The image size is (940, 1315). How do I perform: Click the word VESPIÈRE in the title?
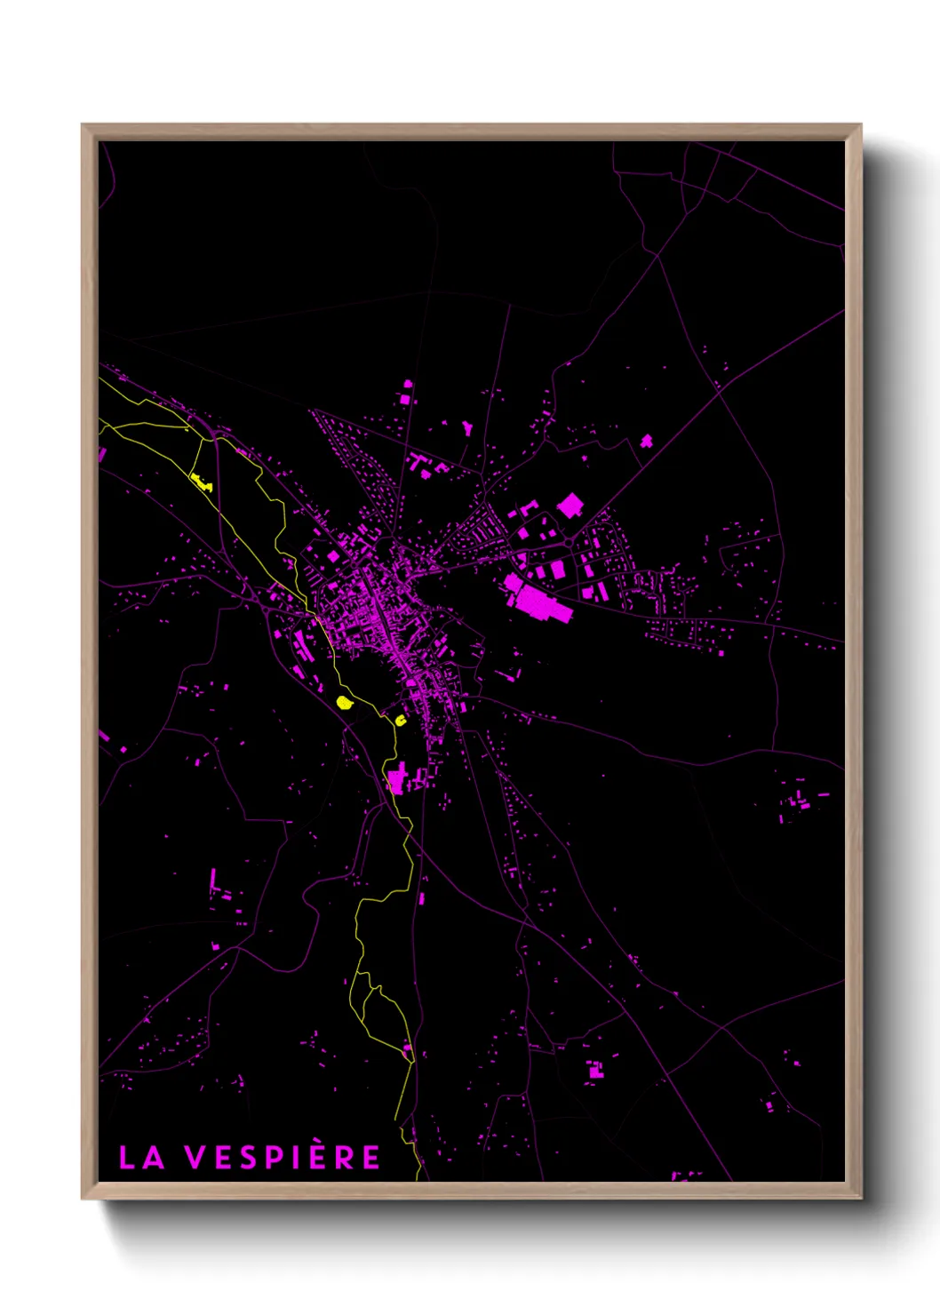pyautogui.click(x=283, y=1158)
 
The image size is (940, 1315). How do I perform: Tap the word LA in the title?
pyautogui.click(x=141, y=1158)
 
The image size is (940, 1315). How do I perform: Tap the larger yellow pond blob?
pyautogui.click(x=345, y=703)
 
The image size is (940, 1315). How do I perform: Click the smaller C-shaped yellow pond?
pyautogui.click(x=401, y=720)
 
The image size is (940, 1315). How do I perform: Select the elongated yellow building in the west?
pyautogui.click(x=201, y=482)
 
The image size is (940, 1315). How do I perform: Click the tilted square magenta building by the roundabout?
pyautogui.click(x=570, y=506)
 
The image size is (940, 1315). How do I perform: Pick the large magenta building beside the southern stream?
pyautogui.click(x=396, y=779)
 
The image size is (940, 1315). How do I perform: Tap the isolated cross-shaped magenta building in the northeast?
pyautogui.click(x=646, y=441)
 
